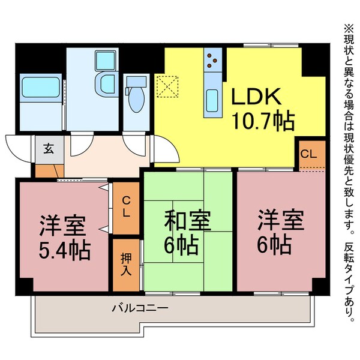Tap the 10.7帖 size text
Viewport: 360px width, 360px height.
263,122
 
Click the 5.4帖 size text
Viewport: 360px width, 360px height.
64,250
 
